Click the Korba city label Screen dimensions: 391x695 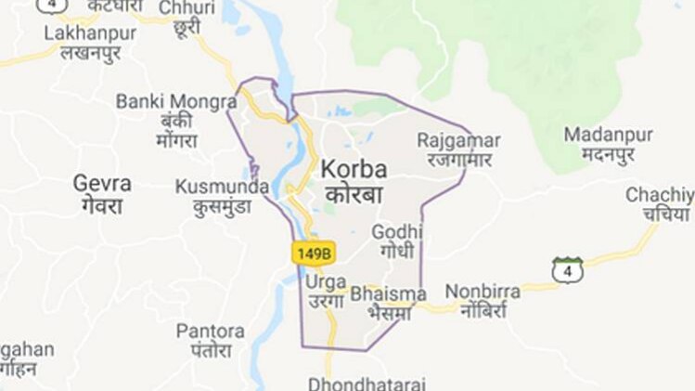354,171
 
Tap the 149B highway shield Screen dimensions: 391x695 313,252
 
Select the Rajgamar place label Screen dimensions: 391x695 458,140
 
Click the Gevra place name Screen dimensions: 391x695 102,183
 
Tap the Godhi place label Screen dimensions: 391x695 396,231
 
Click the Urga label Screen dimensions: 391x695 326,280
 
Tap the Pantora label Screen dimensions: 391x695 211,331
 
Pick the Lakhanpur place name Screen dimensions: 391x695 90,33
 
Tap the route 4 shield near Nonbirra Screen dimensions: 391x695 568,270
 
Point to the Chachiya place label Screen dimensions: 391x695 660,195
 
